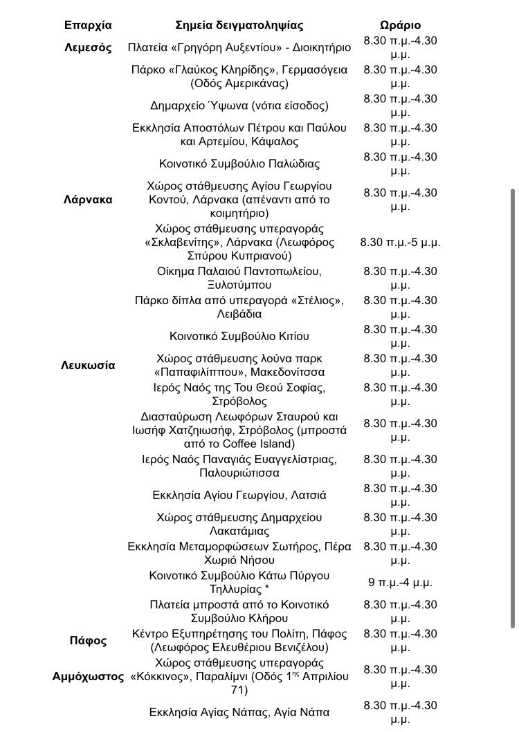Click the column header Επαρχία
(x=88, y=26)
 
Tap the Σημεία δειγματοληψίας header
(x=239, y=26)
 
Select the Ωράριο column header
(x=400, y=26)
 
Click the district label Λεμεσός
(x=88, y=48)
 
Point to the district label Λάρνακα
(x=88, y=200)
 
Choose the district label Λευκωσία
(x=88, y=366)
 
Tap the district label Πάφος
(x=88, y=641)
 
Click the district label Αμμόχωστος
(x=88, y=677)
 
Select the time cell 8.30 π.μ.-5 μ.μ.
(x=400, y=243)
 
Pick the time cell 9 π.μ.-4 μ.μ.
(x=400, y=583)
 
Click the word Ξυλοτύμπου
(x=239, y=285)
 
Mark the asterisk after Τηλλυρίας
(x=267, y=590)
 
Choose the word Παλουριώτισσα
(x=239, y=473)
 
